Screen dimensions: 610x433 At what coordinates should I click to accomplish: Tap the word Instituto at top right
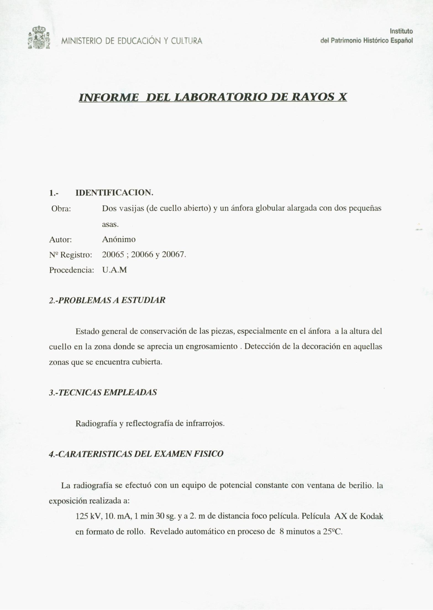click(x=401, y=31)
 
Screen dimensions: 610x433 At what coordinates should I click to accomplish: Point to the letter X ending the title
click(x=342, y=97)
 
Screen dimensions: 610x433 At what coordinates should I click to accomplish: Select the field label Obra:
click(x=61, y=208)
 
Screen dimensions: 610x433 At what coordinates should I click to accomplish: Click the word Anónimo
click(x=119, y=239)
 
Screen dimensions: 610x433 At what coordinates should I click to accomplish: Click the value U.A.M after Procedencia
click(x=114, y=270)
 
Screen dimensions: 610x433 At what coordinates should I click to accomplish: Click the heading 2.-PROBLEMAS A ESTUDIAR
click(x=107, y=300)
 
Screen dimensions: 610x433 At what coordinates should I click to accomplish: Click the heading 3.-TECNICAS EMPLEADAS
click(x=103, y=392)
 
